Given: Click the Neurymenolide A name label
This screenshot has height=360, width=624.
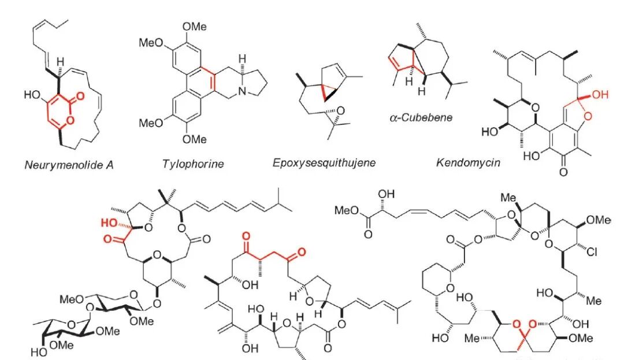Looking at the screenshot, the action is click(69, 165).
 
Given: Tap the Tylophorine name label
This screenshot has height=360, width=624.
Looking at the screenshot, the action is click(193, 164).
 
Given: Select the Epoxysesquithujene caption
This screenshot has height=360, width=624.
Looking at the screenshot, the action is click(324, 162).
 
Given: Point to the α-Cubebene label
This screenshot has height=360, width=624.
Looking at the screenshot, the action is click(421, 117).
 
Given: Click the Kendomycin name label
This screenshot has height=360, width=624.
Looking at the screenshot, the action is click(468, 162).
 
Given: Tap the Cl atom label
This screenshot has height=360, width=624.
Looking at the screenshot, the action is click(592, 252).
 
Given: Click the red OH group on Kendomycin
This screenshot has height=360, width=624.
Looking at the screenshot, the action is click(600, 95).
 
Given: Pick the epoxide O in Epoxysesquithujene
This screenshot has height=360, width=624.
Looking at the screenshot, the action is click(341, 111).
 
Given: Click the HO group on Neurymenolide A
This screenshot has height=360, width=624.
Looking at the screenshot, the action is click(32, 95).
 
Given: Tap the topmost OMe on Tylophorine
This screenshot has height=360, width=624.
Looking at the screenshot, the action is click(195, 27).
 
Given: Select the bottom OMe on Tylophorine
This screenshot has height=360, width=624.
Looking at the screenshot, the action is click(195, 139).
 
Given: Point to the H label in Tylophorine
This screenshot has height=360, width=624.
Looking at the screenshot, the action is click(242, 59).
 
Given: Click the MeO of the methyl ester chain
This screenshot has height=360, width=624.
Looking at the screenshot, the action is click(347, 210).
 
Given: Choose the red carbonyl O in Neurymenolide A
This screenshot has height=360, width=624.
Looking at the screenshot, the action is click(80, 96).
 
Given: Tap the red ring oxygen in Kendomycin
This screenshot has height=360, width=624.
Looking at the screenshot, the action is click(588, 117).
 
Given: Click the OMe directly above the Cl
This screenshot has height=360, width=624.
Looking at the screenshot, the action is click(599, 220).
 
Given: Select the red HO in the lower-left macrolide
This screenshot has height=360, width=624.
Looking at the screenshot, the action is click(109, 223).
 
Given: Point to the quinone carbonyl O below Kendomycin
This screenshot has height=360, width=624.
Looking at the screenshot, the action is click(563, 172).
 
